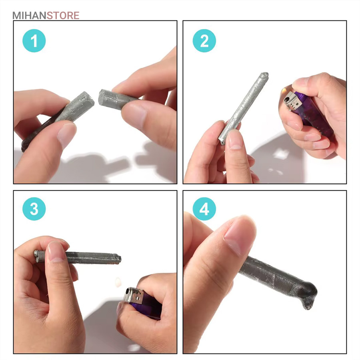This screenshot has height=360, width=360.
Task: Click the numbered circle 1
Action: point(34,41)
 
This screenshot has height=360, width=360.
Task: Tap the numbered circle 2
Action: point(204,41)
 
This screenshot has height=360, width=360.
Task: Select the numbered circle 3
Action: point(34,209)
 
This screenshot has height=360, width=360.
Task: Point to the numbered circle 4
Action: point(204,209)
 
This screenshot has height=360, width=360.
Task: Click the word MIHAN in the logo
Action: point(29,16)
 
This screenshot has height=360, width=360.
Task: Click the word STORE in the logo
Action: point(63,16)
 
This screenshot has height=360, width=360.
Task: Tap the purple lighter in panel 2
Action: point(309,112)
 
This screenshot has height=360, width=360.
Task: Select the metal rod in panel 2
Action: point(243,108)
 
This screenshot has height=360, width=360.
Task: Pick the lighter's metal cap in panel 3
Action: point(133,295)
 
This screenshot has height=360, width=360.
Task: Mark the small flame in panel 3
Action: point(118,282)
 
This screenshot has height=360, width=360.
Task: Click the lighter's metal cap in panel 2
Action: point(293,102)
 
